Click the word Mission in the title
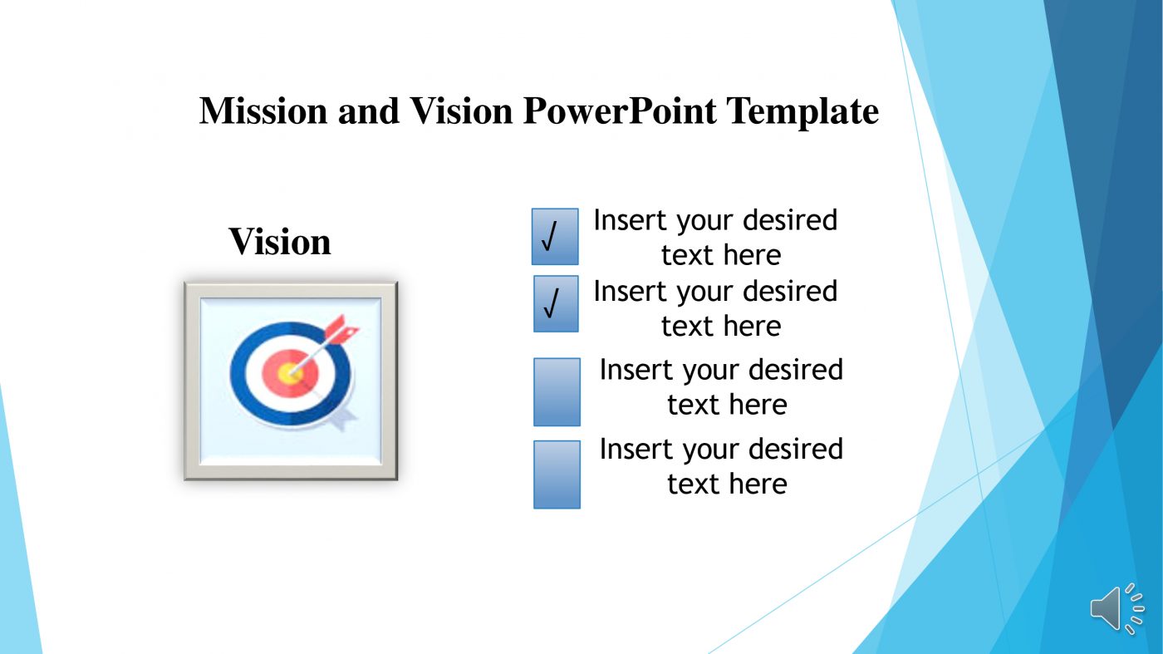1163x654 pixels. tap(263, 111)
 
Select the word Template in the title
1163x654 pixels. tap(802, 111)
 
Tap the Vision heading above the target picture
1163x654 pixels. tap(280, 242)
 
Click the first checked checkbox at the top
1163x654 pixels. tap(555, 237)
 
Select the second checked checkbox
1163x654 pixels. tap(556, 304)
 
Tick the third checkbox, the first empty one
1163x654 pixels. tap(557, 391)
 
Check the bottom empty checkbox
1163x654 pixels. tap(557, 474)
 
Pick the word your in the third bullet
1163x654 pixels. tap(712, 371)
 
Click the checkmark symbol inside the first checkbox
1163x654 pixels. tap(549, 238)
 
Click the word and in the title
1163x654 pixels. tap(368, 111)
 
